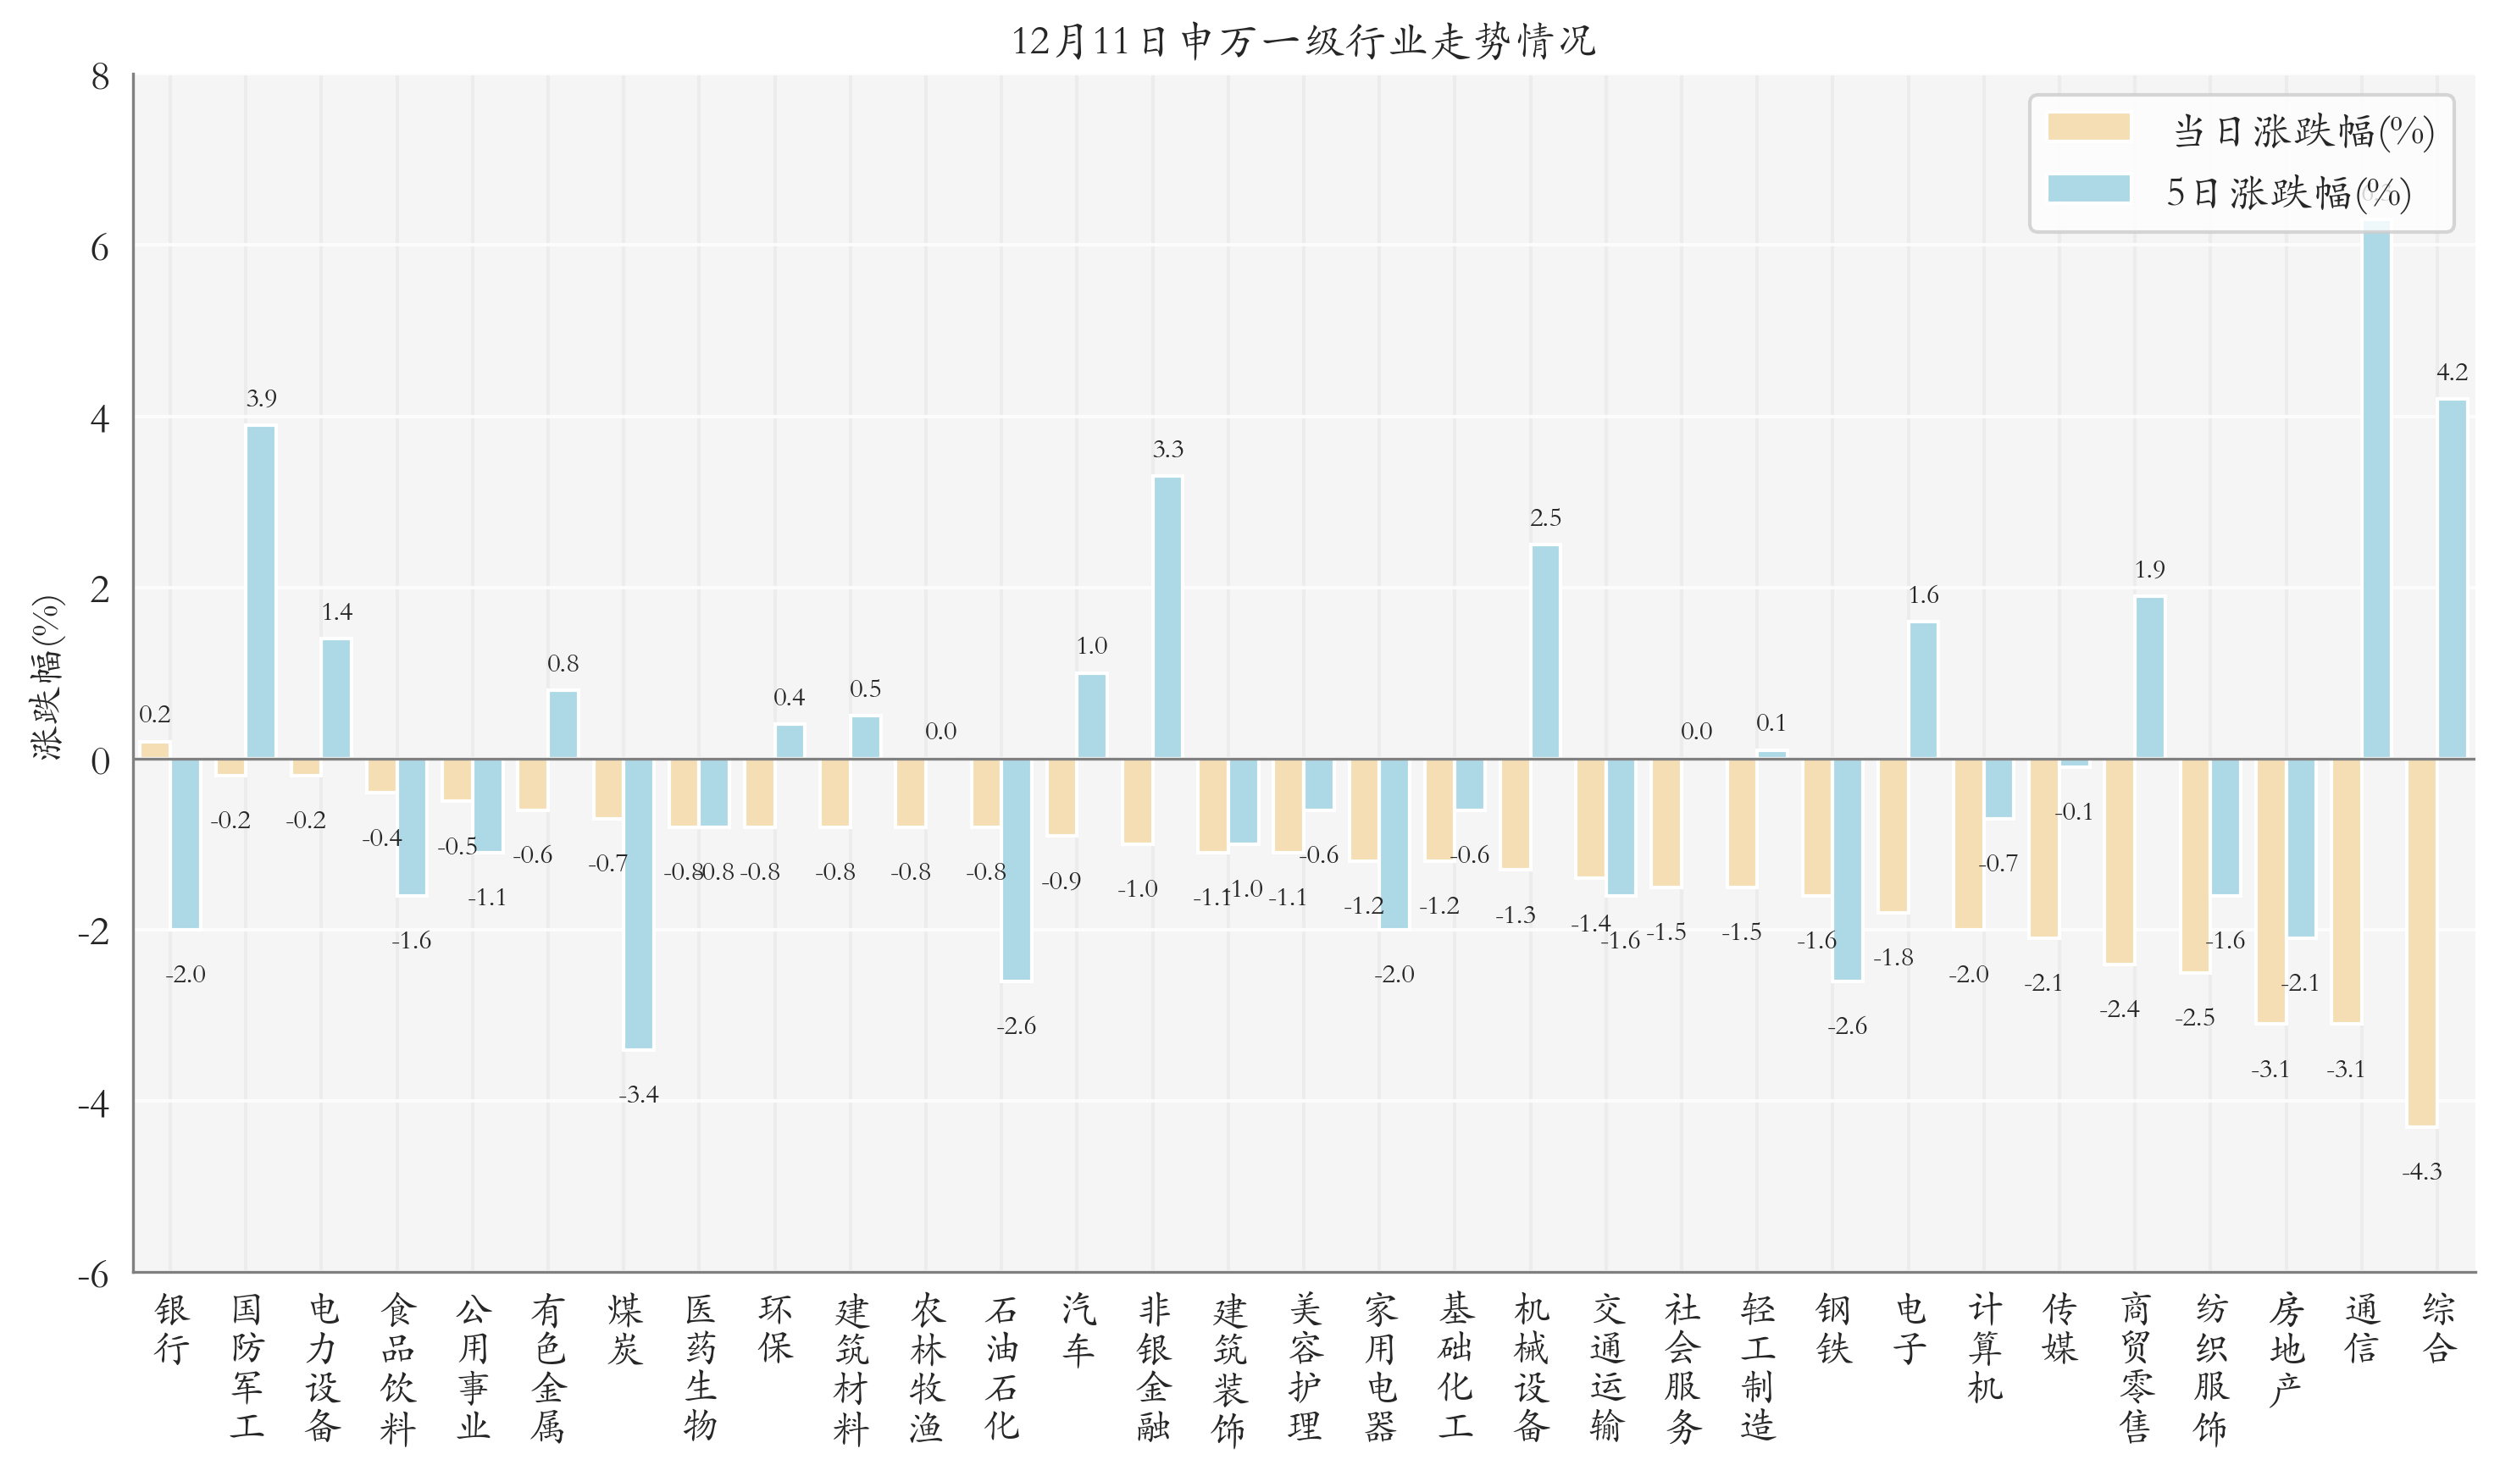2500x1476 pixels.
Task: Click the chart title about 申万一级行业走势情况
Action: [x=1302, y=41]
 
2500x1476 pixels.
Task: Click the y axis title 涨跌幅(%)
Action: [x=47, y=678]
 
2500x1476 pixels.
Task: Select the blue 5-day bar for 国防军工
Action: [x=261, y=593]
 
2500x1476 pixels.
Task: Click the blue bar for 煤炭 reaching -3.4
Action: [x=638, y=903]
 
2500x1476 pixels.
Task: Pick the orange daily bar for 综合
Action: [x=2421, y=942]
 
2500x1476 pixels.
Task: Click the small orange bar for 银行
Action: [x=155, y=751]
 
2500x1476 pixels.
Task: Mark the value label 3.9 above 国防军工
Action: [x=261, y=399]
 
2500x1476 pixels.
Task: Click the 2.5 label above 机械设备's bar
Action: [x=1545, y=518]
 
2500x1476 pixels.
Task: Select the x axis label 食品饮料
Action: [x=397, y=1368]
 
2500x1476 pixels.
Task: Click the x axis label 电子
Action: [x=1908, y=1330]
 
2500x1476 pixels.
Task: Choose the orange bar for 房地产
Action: [x=2270, y=890]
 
